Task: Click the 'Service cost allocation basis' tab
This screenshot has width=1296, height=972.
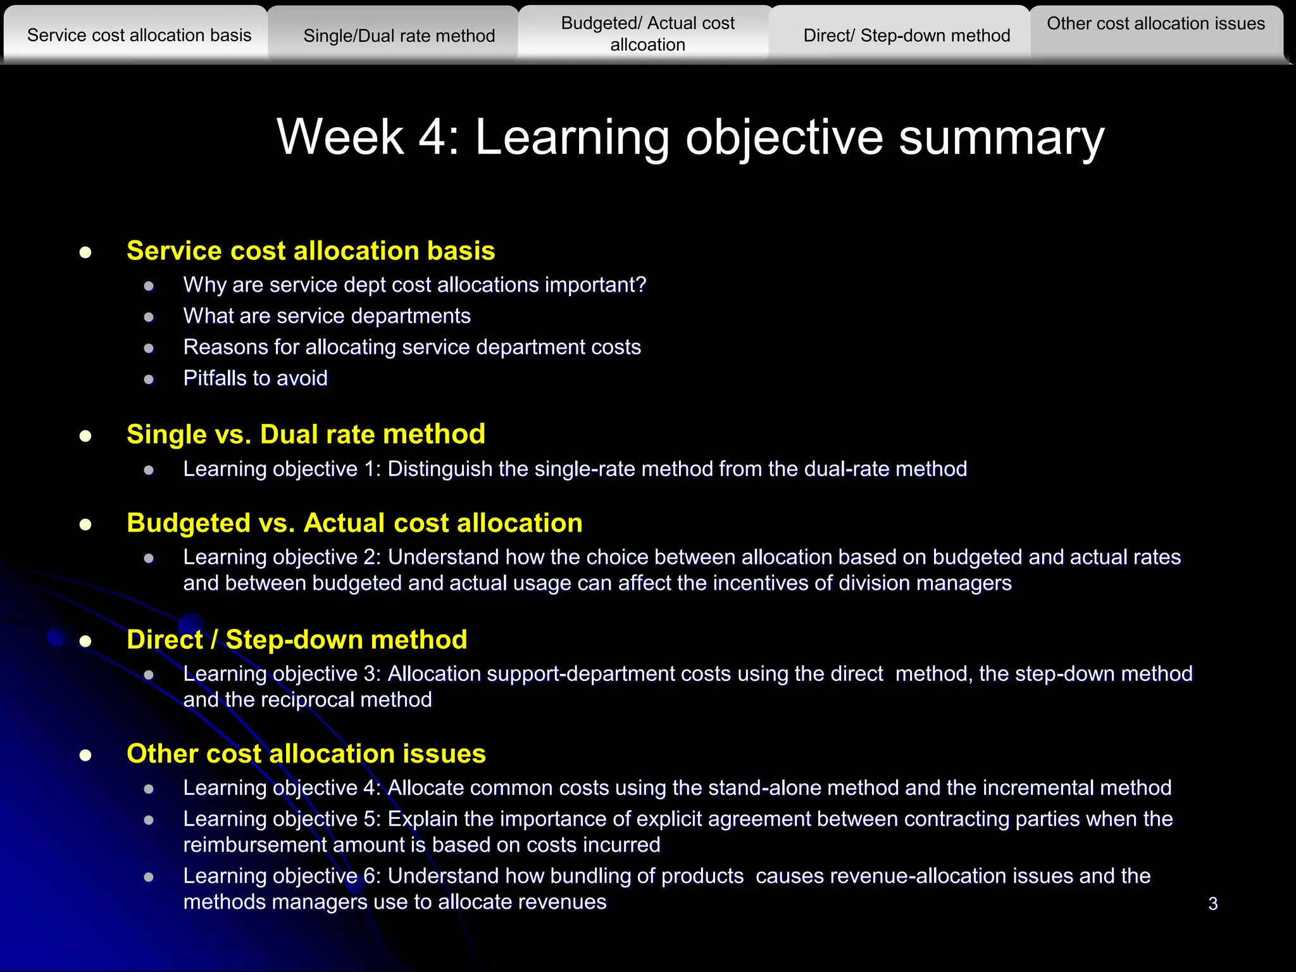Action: click(x=139, y=35)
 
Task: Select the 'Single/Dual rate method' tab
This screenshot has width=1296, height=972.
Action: click(x=399, y=36)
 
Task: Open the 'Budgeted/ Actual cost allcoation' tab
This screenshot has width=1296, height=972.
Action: click(x=647, y=34)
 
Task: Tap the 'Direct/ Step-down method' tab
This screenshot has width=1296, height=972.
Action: click(x=906, y=36)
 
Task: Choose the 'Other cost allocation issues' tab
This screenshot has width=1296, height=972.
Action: click(x=1156, y=24)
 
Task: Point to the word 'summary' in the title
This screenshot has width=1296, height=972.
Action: click(x=1001, y=138)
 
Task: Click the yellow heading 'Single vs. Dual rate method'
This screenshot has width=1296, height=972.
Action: click(x=306, y=435)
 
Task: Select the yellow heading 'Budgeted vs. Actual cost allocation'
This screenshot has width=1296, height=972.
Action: click(x=354, y=523)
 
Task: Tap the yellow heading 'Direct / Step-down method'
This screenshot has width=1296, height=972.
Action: click(x=297, y=640)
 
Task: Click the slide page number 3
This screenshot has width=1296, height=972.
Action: click(x=1212, y=904)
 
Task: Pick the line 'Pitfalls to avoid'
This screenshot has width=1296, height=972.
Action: click(x=255, y=378)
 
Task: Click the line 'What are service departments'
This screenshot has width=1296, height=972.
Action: click(x=327, y=316)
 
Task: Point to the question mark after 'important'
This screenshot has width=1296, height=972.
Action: click(x=641, y=285)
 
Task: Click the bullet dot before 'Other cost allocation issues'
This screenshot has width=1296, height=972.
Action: click(x=85, y=756)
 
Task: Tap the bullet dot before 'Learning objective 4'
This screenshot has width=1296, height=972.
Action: click(x=149, y=789)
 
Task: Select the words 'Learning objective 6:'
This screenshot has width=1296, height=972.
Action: click(x=282, y=876)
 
